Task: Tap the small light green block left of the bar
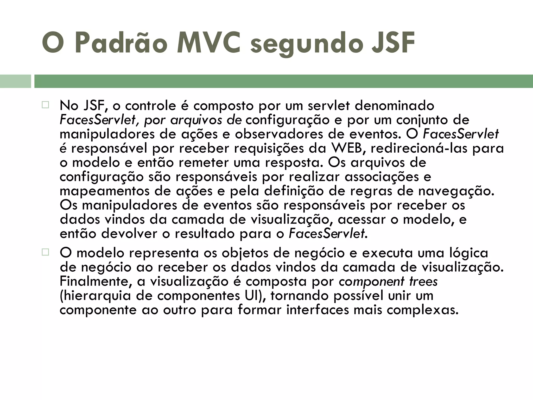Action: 15,81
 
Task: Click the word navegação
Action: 456,191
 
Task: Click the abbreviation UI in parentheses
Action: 254,296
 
